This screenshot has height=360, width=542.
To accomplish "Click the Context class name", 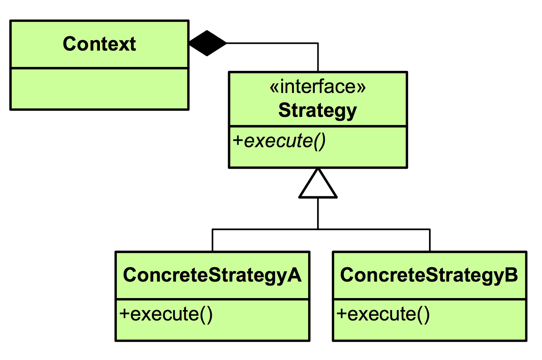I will (x=99, y=44).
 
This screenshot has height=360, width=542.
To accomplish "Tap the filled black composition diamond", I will (x=208, y=43).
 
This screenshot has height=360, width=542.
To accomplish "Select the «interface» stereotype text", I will (x=317, y=87).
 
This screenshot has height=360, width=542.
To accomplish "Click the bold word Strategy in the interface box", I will (x=317, y=111).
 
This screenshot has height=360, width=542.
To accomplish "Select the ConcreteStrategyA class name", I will (x=212, y=275).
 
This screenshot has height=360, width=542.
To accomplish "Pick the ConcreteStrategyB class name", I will (x=429, y=275).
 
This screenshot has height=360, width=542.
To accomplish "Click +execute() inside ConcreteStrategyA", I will (x=166, y=314).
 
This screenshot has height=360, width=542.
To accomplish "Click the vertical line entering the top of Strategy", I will (x=318, y=58).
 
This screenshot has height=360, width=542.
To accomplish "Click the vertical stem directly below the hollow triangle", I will (x=318, y=213).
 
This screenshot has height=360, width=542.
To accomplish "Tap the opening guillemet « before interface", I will (x=274, y=87).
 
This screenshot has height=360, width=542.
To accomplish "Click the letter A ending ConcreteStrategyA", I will (x=294, y=275).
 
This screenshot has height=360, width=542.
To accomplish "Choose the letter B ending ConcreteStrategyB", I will (x=511, y=275).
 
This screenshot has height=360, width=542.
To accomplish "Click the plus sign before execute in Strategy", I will (x=238, y=141).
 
